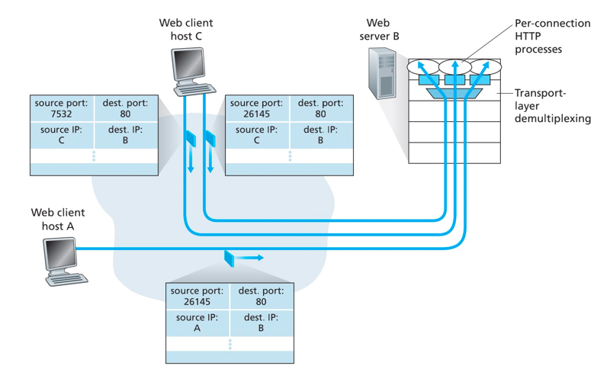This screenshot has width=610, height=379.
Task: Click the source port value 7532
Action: tap(61, 114)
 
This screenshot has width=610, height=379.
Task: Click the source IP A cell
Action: tap(197, 323)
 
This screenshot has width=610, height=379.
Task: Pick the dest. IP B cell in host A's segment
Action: tap(261, 323)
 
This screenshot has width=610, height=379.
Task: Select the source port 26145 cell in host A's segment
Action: tap(197, 296)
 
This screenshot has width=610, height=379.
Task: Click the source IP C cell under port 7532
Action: tap(61, 135)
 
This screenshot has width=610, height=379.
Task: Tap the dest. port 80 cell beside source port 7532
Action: tap(126, 108)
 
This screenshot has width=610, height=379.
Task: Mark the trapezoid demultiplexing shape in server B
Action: tap(455, 94)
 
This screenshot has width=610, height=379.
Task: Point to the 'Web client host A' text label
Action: tap(58, 220)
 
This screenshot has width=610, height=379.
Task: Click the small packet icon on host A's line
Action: tap(229, 258)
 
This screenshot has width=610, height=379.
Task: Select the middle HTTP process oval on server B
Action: tap(455, 67)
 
